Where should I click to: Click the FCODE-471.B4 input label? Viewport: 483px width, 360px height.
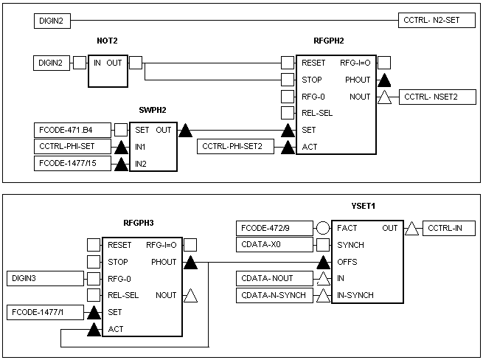70,131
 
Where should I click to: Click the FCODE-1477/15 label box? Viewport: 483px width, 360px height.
70,163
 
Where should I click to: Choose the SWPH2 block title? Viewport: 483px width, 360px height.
153,111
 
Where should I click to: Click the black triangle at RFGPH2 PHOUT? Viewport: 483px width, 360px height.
383,80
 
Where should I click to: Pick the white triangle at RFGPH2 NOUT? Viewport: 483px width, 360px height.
383,97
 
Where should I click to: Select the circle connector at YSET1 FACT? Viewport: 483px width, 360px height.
322,228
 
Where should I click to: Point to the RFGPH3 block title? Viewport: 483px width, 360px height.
139,221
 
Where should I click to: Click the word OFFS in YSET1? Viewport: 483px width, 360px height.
348,262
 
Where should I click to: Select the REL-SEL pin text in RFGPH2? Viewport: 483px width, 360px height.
318,113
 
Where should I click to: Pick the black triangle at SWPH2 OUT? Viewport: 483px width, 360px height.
186,130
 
